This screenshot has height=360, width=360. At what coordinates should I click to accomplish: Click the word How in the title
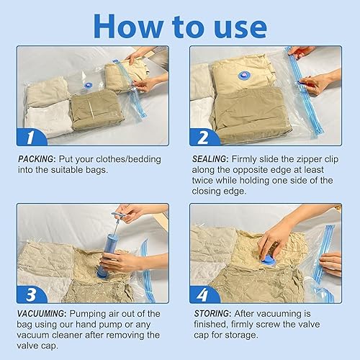pos(129,26)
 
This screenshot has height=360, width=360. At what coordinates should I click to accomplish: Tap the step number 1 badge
pos(32,137)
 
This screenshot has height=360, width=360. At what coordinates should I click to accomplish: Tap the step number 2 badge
pos(204,137)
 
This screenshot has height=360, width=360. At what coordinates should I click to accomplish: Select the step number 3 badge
pos(32,294)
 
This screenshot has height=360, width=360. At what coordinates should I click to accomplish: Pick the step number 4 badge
pos(204,294)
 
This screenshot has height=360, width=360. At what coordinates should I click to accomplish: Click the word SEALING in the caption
pos(210,159)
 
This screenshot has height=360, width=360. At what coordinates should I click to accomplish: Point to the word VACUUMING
pos(41,314)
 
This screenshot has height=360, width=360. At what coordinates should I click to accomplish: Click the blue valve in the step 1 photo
pos(89,85)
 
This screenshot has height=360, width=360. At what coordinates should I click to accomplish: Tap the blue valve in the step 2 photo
pos(244,76)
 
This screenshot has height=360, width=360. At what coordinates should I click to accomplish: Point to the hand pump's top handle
pos(120,215)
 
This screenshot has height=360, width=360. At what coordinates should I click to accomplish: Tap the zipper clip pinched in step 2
pos(300,82)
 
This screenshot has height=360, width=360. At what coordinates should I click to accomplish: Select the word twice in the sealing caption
pos(202,180)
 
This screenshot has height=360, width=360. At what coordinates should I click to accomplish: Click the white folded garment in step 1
pos(50,117)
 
